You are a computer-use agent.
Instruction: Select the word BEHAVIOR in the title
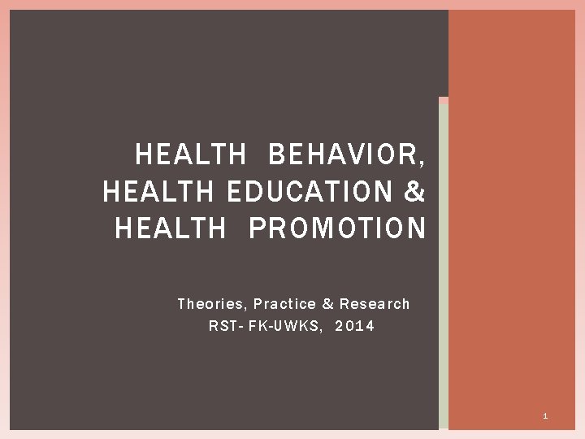coord(342,154)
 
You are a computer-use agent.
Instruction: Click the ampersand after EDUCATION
coord(414,191)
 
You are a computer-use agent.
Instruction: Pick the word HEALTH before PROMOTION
coord(171,228)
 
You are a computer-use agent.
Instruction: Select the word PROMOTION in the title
coord(337,228)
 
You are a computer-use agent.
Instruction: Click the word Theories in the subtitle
coord(211,304)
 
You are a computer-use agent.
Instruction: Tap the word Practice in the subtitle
coord(284,304)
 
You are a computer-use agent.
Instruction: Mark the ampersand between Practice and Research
coord(328,304)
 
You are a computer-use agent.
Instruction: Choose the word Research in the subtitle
coord(375,304)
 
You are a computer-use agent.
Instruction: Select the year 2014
coord(355,327)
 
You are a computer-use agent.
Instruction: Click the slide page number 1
coord(545,416)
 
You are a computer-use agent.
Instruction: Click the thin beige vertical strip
coord(443,268)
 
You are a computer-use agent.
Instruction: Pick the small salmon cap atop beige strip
coord(443,100)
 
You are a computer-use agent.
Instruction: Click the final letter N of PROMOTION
coord(416,228)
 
